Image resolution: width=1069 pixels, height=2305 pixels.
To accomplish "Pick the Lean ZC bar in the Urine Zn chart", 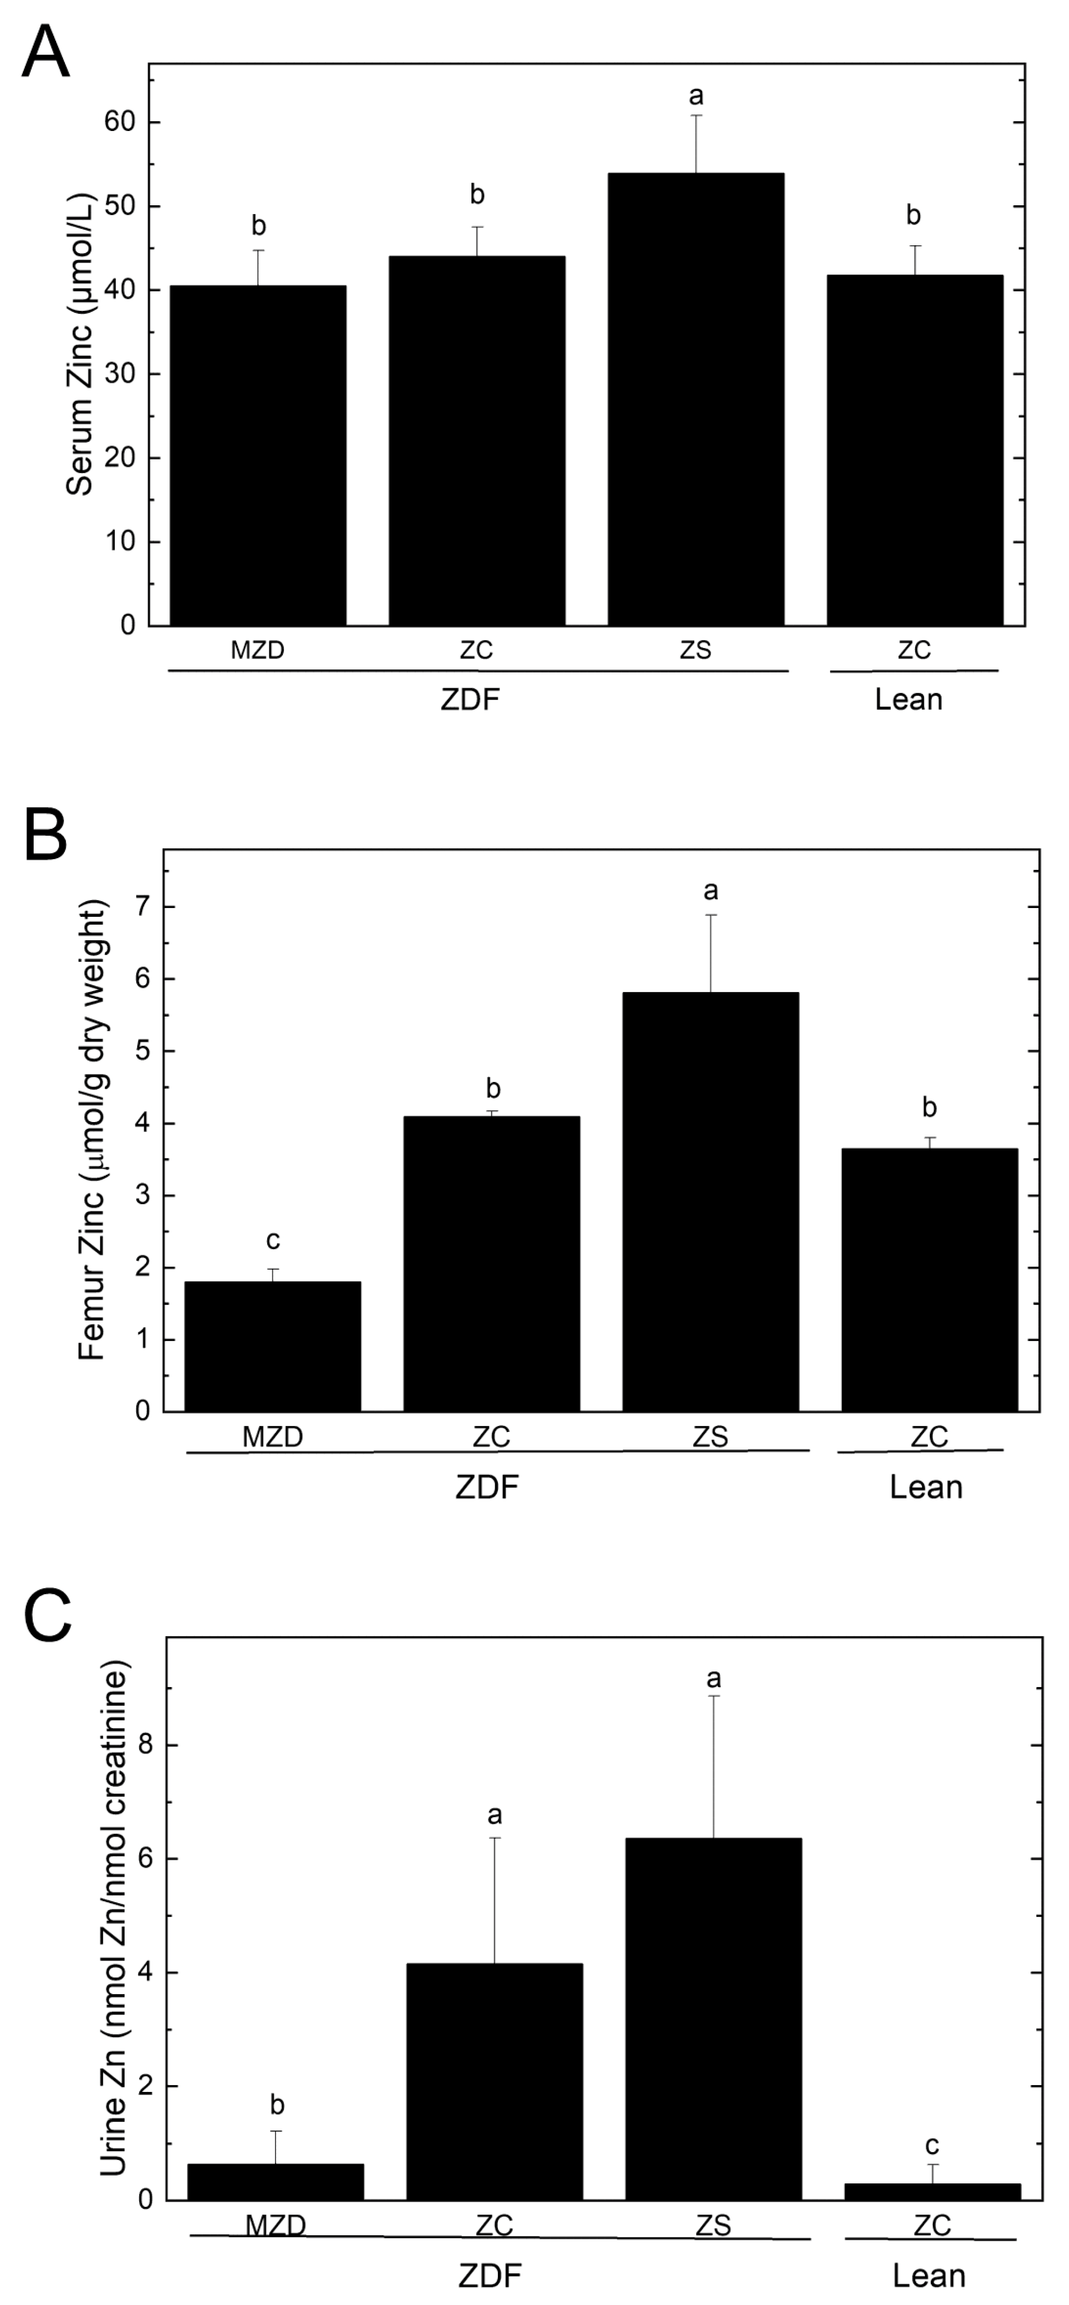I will click(932, 2191).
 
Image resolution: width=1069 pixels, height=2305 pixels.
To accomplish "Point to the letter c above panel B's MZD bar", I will click(273, 1240).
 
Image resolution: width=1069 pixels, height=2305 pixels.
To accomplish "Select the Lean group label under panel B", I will click(926, 1487).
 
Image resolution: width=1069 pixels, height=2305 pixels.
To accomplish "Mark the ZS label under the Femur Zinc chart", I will click(710, 1437).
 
